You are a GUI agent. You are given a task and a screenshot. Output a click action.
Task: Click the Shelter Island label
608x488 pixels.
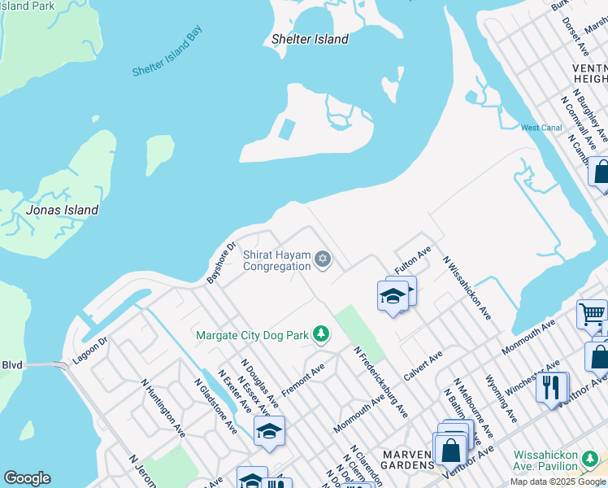(x=310, y=39)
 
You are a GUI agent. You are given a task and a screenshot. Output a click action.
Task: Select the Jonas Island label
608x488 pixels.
(x=63, y=210)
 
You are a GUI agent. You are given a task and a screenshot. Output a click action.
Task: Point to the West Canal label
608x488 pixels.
(x=541, y=128)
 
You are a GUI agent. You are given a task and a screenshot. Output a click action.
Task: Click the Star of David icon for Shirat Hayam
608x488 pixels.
(x=323, y=259)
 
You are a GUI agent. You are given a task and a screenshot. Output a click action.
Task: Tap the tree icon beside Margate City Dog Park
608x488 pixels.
(x=322, y=334)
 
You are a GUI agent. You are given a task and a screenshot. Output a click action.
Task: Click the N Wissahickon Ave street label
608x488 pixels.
(x=467, y=287)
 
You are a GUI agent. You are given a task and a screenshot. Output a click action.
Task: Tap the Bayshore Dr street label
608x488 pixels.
(x=220, y=262)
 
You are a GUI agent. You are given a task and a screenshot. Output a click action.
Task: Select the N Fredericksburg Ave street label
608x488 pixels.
(x=380, y=381)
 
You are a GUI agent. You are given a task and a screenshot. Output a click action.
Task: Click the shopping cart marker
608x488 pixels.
(x=592, y=313)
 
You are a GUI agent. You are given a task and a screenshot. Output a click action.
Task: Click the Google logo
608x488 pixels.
(x=27, y=478)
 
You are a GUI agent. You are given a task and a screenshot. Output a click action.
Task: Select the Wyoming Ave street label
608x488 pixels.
(x=501, y=399)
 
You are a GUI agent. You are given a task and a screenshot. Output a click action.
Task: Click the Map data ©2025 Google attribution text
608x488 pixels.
(x=558, y=481)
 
